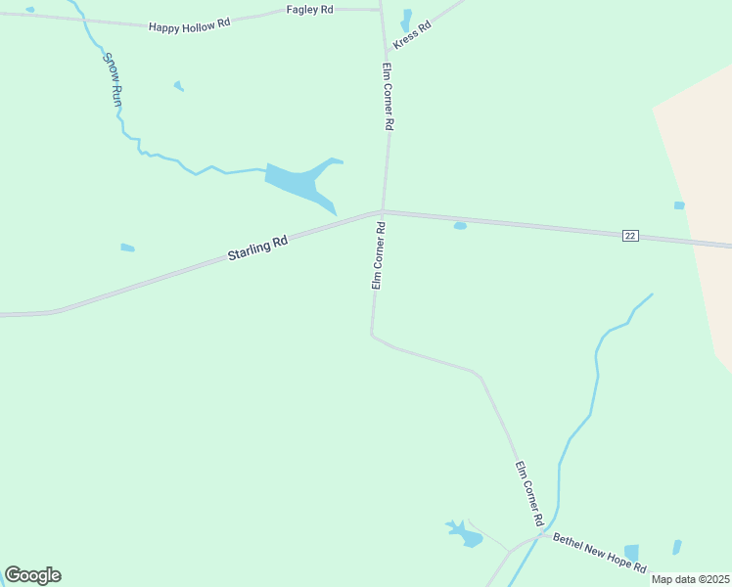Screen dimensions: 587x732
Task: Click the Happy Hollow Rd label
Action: [x=189, y=24]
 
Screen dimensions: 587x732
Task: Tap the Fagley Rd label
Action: [x=310, y=9]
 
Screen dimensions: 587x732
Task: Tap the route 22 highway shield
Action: [x=630, y=236]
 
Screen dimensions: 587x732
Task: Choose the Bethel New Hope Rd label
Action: [x=600, y=553]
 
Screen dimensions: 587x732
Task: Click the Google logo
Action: [x=32, y=575]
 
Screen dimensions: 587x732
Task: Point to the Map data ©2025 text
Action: [x=690, y=579]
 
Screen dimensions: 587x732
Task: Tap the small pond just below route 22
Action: [x=460, y=226]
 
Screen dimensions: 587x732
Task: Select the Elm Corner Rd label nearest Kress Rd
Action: [x=388, y=97]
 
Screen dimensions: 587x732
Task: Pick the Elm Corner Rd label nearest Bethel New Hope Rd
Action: [x=528, y=489]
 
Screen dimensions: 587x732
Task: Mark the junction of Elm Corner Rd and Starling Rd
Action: [x=381, y=211]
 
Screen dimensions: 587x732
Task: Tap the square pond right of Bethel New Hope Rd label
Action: [x=631, y=554]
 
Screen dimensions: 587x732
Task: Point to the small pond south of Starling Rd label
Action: [x=127, y=248]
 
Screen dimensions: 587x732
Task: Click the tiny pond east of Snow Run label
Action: [x=178, y=86]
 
